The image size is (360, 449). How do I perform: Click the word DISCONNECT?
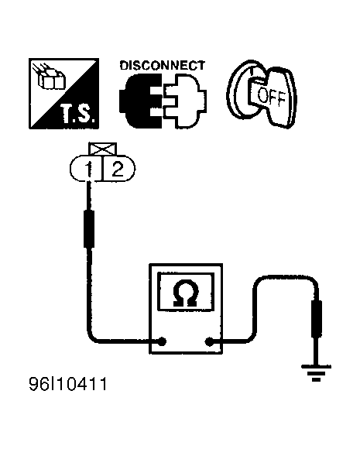pyautogui.click(x=163, y=65)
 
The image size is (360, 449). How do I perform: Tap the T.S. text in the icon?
pyautogui.click(x=77, y=114)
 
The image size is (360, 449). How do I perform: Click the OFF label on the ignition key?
pyautogui.click(x=271, y=97)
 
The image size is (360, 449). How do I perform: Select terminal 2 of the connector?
pyautogui.click(x=118, y=169)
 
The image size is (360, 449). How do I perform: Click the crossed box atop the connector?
pyautogui.click(x=102, y=149)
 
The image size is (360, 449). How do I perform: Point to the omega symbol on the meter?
pyautogui.click(x=186, y=293)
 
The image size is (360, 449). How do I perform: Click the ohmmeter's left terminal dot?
pyautogui.click(x=162, y=341)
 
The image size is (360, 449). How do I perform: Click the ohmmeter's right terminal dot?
pyautogui.click(x=209, y=341)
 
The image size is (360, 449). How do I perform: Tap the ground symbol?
pyautogui.click(x=316, y=372)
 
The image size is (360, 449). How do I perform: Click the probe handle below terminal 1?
pyautogui.click(x=89, y=229)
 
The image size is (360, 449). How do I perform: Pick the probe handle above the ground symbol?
pyautogui.click(x=316, y=319)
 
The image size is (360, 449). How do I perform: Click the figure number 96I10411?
pyautogui.click(x=68, y=384)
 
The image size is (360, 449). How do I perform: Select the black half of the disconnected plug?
pyautogui.click(x=141, y=100)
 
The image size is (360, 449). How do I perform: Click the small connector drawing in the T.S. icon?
pyautogui.click(x=49, y=76)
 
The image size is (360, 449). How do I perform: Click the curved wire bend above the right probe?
pyautogui.click(x=286, y=277)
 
